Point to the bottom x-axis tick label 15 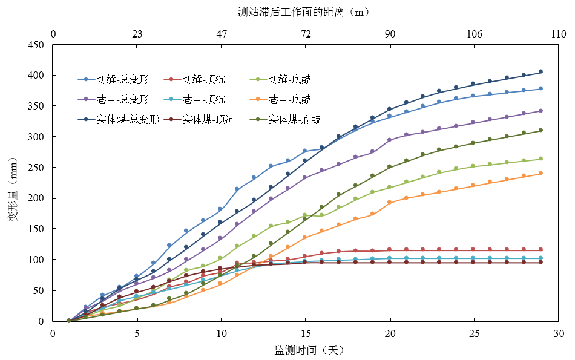[x=306, y=333]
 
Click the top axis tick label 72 [x=306, y=34]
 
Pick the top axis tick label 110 [x=558, y=34]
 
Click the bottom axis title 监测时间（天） [x=309, y=350]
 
